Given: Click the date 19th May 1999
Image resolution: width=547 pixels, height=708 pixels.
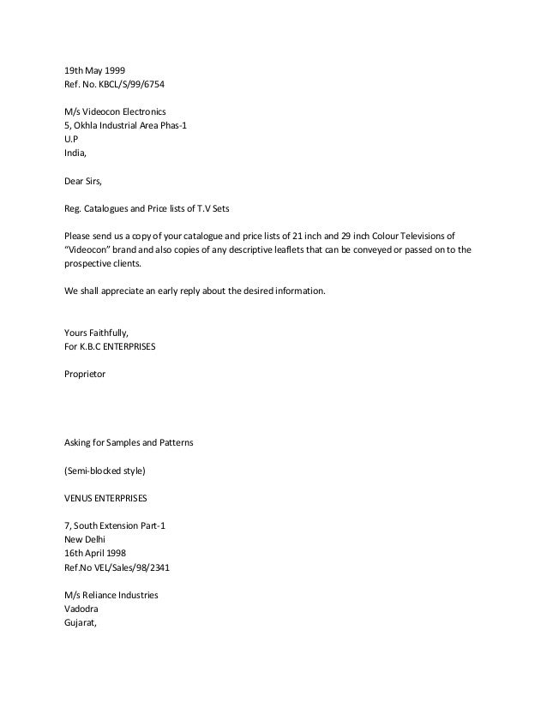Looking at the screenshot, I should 94,71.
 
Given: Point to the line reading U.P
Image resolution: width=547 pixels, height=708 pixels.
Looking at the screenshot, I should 71,141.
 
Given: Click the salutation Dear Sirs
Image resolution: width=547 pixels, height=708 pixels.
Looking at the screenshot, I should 85,182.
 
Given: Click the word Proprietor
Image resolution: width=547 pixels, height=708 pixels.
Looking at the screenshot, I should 85,375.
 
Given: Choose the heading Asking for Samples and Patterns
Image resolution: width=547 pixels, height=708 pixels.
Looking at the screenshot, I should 129,443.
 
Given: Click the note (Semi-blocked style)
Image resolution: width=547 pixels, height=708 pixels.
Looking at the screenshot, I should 103,471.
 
